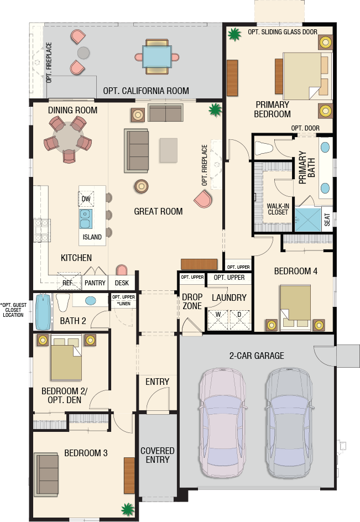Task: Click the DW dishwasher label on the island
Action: [x=86, y=199]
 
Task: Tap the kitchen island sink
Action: [x=85, y=219]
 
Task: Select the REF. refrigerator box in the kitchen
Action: [x=69, y=282]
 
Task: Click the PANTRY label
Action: [x=95, y=283]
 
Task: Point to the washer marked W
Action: [x=218, y=320]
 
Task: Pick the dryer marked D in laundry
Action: [x=239, y=320]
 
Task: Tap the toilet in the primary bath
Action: [x=264, y=148]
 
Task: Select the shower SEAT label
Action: [x=327, y=220]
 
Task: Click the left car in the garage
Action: [x=222, y=423]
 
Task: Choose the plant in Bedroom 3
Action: [x=128, y=509]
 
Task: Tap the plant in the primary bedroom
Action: [x=234, y=34]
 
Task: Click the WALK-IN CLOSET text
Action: [x=278, y=209]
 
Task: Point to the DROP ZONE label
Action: [x=192, y=301]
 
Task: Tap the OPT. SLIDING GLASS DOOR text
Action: [x=283, y=32]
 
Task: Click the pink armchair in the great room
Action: [x=203, y=199]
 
